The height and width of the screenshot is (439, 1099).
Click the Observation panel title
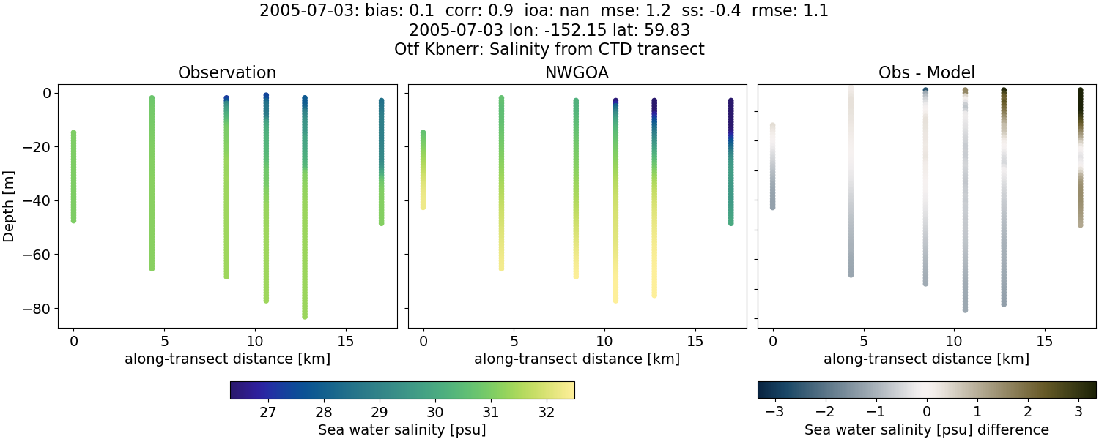[x=227, y=73]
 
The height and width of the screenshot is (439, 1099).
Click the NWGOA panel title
[x=577, y=73]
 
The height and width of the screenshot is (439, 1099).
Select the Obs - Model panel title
[x=926, y=73]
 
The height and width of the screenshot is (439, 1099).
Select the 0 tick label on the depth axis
[x=46, y=93]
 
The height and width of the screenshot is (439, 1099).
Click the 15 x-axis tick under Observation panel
[x=344, y=341]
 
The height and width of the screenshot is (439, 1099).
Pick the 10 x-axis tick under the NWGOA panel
[x=604, y=341]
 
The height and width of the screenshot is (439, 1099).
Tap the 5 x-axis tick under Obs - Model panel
[x=864, y=341]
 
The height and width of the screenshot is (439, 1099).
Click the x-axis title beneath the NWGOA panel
[x=577, y=359]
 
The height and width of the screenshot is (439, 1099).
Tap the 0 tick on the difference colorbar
[x=927, y=412]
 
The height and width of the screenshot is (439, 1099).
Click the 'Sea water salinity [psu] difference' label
[x=926, y=429]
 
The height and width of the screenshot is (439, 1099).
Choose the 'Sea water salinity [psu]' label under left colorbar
[x=402, y=429]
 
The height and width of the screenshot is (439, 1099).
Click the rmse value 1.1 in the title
[x=817, y=12]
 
